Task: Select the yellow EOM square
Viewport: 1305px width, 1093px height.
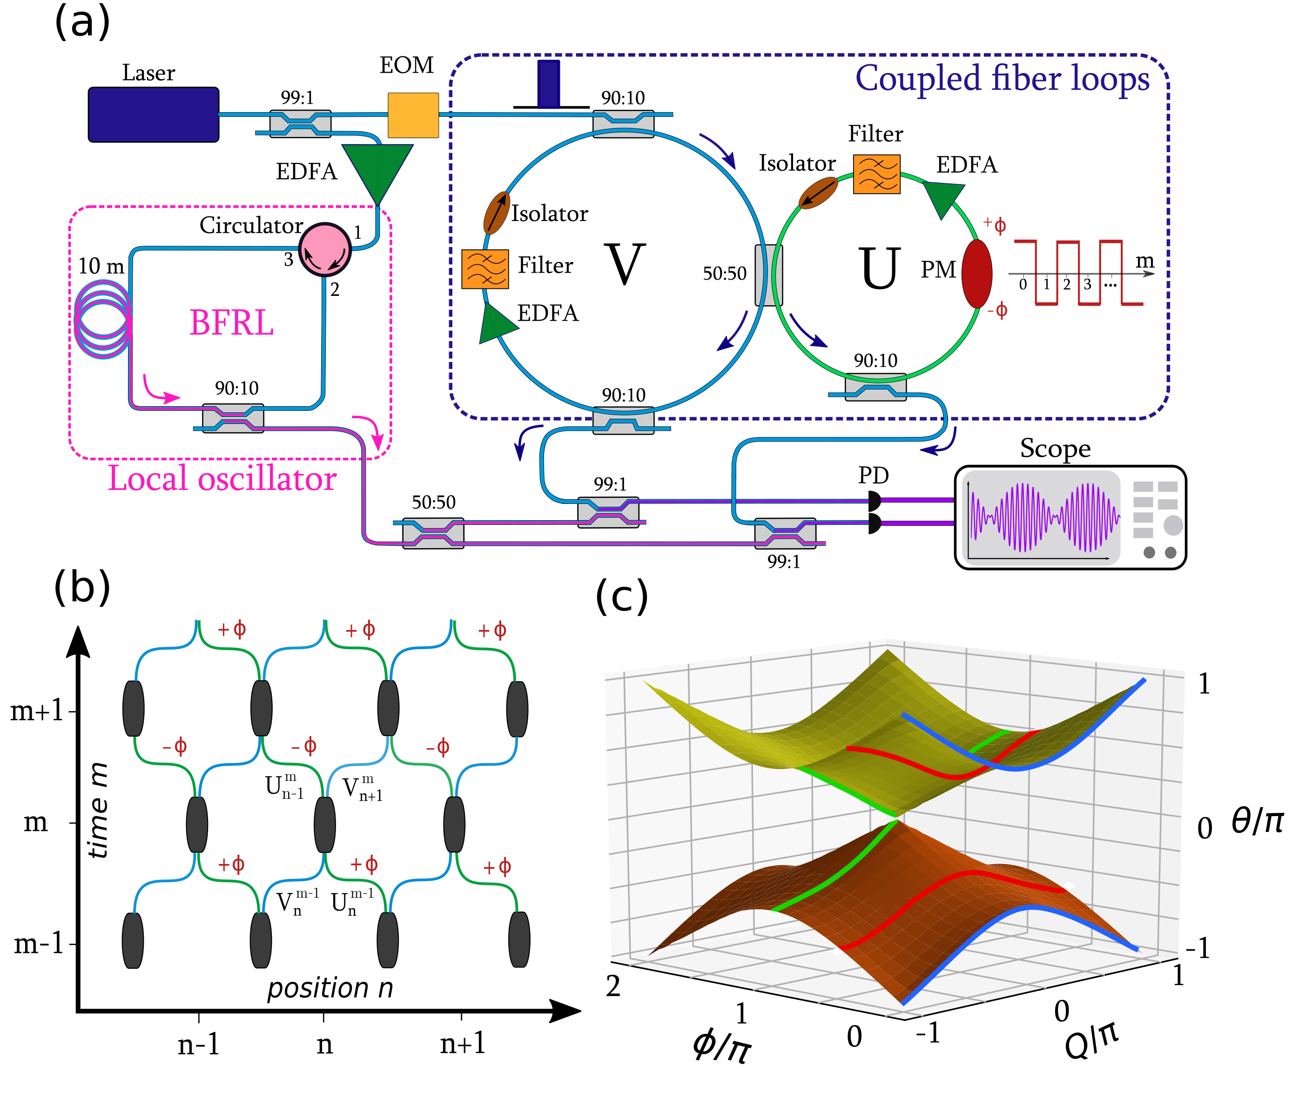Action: coord(413,115)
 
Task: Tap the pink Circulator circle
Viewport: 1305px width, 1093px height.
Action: coord(324,250)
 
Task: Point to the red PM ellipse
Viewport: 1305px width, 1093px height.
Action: coord(976,274)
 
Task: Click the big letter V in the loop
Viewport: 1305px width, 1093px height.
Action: coord(624,264)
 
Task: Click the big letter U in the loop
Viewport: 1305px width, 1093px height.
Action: coord(879,268)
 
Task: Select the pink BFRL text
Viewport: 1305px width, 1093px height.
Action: coord(231,323)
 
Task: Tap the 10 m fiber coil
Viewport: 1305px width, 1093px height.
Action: coord(102,319)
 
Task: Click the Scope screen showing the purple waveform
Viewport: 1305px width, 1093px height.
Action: coord(1042,517)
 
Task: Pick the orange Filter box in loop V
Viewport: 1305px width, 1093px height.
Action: coord(484,269)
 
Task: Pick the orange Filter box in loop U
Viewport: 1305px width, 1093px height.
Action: coord(876,174)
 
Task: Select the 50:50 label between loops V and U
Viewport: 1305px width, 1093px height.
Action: coord(724,274)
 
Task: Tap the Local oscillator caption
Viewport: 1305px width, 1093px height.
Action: coord(222,479)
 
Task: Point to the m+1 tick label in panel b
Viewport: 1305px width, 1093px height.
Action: coord(37,710)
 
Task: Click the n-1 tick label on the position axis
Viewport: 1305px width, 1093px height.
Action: coord(198,1045)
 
